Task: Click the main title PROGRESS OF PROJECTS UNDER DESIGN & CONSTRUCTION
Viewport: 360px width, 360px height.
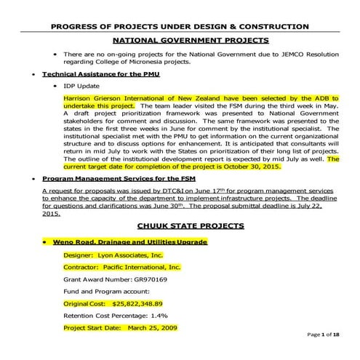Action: click(180, 26)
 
